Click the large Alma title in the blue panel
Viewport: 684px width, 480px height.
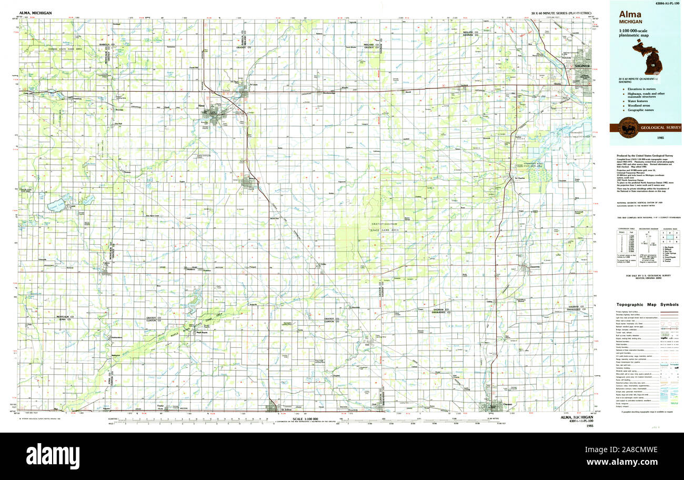[x=630, y=15]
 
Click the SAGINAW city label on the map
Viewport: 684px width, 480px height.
[x=581, y=66]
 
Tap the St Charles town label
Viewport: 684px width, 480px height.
[x=520, y=178]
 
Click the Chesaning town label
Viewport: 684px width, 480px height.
[x=533, y=267]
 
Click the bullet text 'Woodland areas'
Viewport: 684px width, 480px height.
[x=639, y=105]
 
